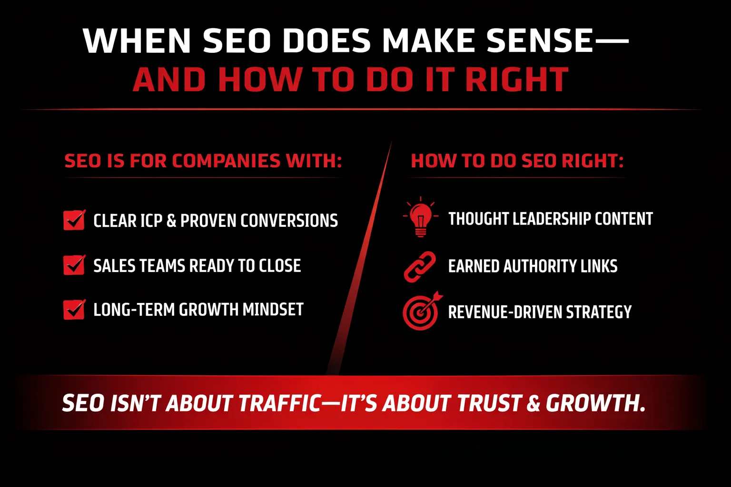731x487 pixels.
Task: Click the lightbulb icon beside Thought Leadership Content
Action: pos(421,217)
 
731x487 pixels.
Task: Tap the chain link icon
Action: pos(420,266)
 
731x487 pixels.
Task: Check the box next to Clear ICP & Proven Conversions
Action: pos(74,220)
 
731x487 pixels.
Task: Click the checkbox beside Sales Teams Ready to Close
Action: pos(74,265)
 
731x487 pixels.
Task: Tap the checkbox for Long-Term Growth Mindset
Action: pos(74,309)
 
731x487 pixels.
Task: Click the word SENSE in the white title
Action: pos(540,41)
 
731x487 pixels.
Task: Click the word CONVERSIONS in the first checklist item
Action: pos(289,221)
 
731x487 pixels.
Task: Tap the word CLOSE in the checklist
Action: pos(280,265)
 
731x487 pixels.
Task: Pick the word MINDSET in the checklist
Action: pos(273,310)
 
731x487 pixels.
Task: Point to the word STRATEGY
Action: pos(599,312)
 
